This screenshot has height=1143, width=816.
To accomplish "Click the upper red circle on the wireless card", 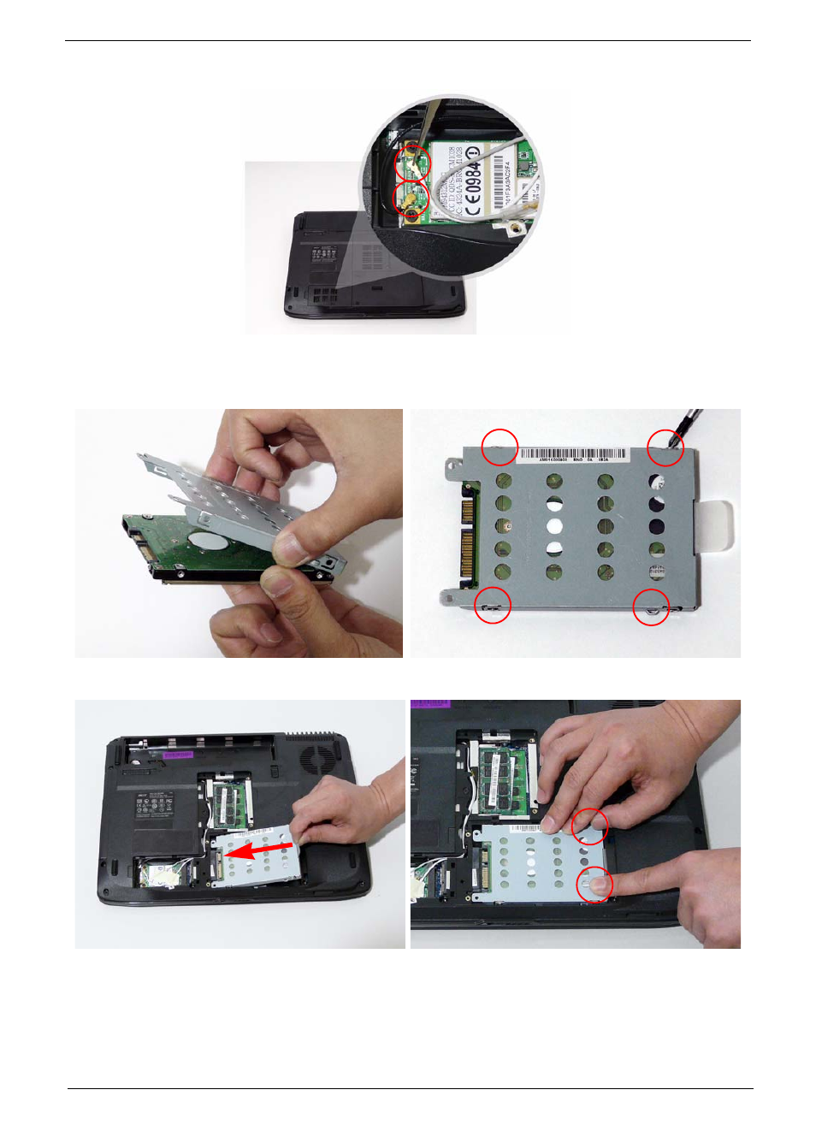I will point(412,163).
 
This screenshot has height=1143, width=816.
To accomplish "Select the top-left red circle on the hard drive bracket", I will point(500,447).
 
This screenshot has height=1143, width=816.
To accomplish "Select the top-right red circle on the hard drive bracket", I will point(665,447).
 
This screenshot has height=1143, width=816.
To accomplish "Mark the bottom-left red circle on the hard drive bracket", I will point(493,605).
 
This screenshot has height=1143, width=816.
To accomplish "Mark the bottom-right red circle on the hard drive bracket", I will point(651,607).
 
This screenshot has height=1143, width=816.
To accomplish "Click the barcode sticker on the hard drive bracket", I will point(575,455).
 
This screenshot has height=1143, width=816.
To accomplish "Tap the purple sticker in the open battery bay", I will point(178,755).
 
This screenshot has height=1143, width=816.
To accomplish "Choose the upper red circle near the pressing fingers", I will point(589,826).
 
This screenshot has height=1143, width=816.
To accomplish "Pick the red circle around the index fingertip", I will point(594,885).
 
